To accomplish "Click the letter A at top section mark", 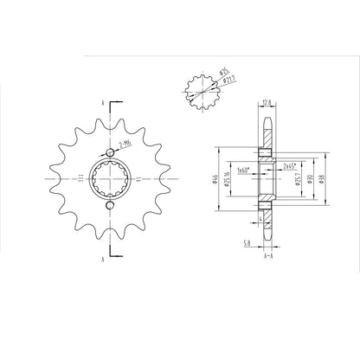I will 103,102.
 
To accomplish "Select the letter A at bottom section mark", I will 103,259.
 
